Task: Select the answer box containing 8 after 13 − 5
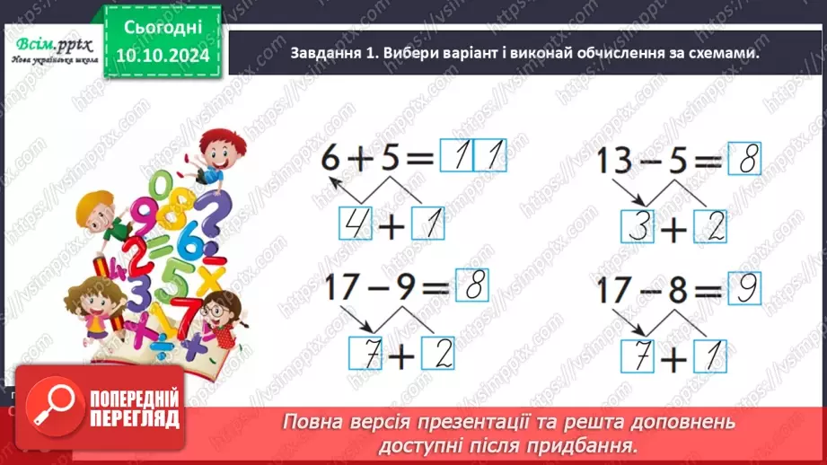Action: coord(744,163)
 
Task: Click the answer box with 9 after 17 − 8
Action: coord(743,291)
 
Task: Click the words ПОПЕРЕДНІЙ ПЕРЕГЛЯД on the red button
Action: coord(135,409)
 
